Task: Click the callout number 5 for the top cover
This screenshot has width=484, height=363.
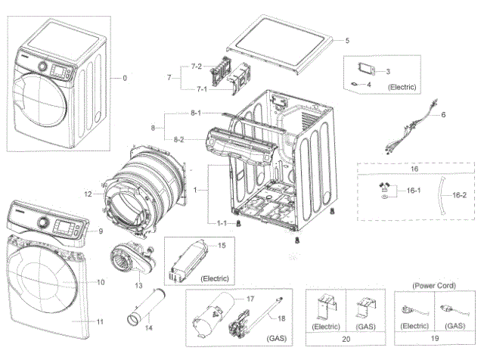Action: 348,39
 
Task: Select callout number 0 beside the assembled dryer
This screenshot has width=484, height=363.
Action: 125,78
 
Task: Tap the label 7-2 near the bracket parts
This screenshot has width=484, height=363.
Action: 196,67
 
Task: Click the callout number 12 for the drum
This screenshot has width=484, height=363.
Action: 88,194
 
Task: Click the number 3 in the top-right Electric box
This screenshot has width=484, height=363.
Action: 387,72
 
